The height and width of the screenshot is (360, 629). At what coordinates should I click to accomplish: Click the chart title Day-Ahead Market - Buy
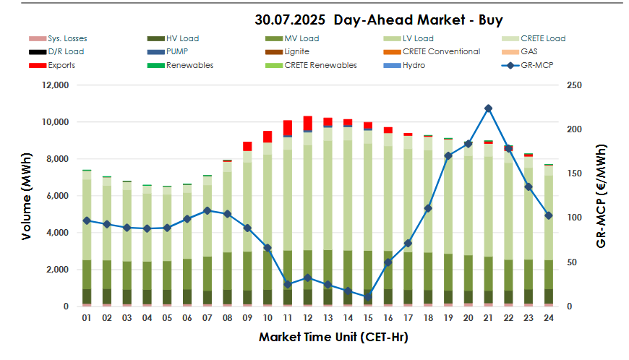click(x=379, y=20)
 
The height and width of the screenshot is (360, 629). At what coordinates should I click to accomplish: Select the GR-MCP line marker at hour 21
click(x=489, y=108)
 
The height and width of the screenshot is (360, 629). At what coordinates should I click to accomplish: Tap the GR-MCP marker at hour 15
click(x=368, y=296)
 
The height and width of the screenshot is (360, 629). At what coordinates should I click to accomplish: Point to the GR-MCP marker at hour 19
click(x=448, y=155)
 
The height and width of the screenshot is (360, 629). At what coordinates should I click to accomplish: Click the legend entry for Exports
click(x=51, y=65)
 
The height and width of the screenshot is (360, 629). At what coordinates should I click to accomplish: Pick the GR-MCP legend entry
click(x=527, y=65)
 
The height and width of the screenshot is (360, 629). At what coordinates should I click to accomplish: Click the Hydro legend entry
click(x=403, y=65)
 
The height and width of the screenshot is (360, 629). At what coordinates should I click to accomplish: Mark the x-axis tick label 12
click(x=307, y=318)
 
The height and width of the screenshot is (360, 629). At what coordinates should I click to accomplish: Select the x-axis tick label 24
click(x=549, y=318)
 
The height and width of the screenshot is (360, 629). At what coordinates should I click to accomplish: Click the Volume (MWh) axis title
click(x=26, y=195)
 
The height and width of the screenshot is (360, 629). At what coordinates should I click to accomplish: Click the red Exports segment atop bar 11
click(x=288, y=127)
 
